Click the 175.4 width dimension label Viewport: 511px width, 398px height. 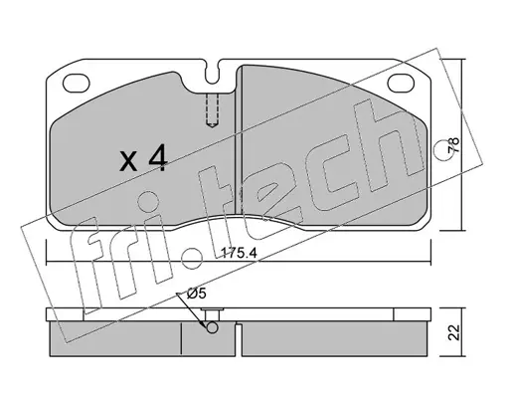[x=239, y=254]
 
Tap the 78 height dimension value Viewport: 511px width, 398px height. [x=454, y=145]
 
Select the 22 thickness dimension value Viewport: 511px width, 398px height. [x=454, y=332]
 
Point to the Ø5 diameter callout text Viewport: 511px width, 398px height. [x=196, y=294]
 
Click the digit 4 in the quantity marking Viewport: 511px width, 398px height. [x=158, y=158]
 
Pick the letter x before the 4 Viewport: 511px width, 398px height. [x=128, y=161]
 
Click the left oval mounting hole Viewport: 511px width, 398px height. [x=77, y=83]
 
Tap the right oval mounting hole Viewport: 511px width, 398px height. [x=401, y=83]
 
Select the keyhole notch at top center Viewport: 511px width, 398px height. [x=212, y=73]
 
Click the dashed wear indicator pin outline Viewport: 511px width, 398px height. [x=212, y=110]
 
